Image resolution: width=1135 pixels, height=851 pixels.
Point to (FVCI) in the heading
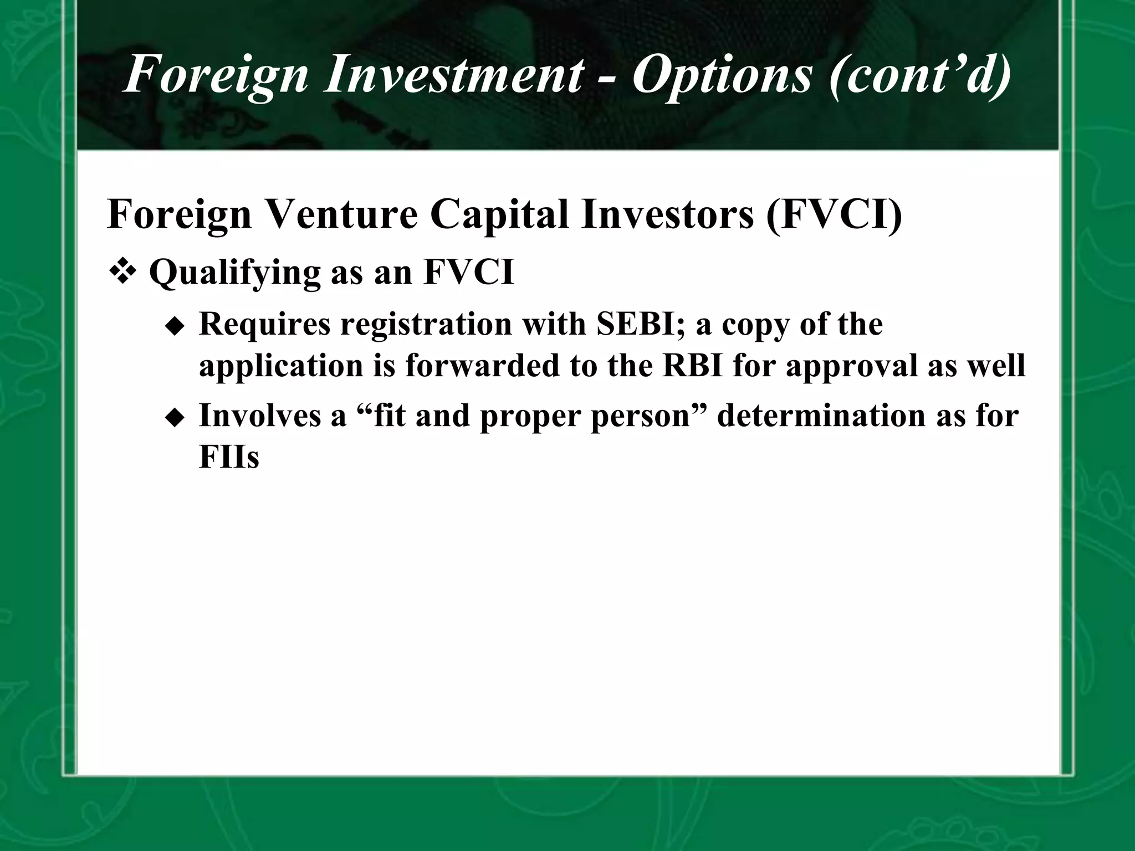834,215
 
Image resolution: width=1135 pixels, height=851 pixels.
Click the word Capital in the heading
500,215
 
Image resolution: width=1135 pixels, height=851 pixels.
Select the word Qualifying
235,273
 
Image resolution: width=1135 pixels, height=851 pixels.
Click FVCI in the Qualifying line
469,273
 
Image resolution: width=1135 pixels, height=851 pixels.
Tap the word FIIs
229,458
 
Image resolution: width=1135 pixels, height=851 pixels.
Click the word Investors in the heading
667,215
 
